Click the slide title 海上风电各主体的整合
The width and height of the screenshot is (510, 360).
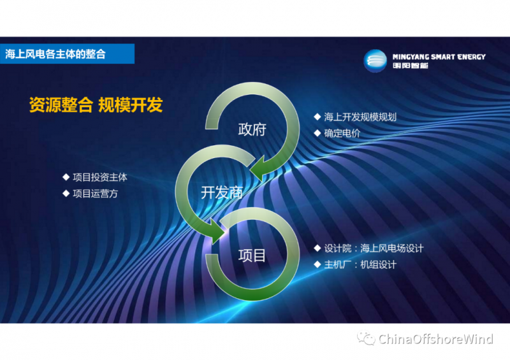[x=55, y=54]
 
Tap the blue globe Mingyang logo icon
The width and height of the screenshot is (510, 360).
[x=375, y=61]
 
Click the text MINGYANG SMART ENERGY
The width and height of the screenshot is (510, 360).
[x=439, y=57]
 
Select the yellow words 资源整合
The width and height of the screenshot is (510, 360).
[x=61, y=104]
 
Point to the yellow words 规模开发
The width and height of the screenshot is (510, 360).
[x=131, y=104]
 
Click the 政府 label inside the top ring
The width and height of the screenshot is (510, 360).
[x=252, y=129]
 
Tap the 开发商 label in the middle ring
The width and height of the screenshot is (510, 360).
[x=222, y=192]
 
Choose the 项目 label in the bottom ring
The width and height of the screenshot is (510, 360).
[x=252, y=256]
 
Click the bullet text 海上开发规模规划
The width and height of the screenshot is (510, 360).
[x=360, y=117]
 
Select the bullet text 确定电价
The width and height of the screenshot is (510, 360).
[x=342, y=133]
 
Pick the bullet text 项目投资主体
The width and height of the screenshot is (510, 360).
[x=100, y=177]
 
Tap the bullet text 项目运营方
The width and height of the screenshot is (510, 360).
[x=95, y=194]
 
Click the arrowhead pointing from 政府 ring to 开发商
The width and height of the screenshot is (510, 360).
[x=260, y=169]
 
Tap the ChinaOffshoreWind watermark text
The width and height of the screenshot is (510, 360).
[x=436, y=339]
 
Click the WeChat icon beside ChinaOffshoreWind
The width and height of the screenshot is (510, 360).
[x=366, y=338]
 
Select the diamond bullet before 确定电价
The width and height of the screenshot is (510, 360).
[x=317, y=133]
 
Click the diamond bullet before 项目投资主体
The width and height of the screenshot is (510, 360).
[x=66, y=177]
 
